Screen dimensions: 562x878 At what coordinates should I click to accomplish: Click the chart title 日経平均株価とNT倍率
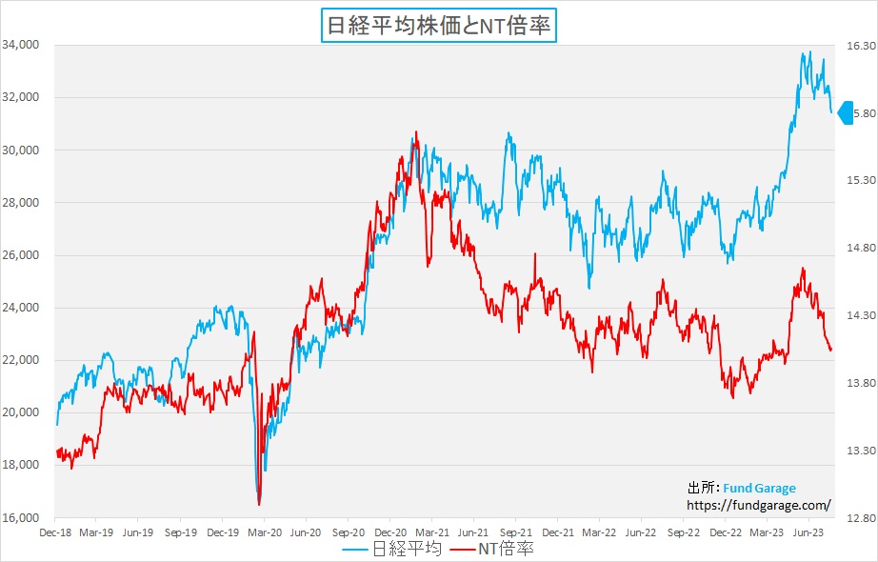coord(439,25)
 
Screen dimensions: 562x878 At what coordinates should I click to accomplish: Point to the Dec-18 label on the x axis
coord(55,533)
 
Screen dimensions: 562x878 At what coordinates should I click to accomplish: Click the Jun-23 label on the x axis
coord(809,533)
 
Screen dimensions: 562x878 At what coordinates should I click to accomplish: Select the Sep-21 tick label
coord(515,533)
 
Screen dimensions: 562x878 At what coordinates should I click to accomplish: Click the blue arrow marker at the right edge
coord(844,113)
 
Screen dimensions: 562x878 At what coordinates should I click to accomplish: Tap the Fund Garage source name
coord(759,489)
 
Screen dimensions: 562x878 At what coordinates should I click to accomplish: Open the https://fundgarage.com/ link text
coord(759,505)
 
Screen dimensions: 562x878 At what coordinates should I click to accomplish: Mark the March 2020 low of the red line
coord(259,504)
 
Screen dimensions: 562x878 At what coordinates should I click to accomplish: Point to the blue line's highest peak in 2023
coord(809,52)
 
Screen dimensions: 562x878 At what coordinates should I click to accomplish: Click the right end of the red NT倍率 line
coord(830,350)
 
